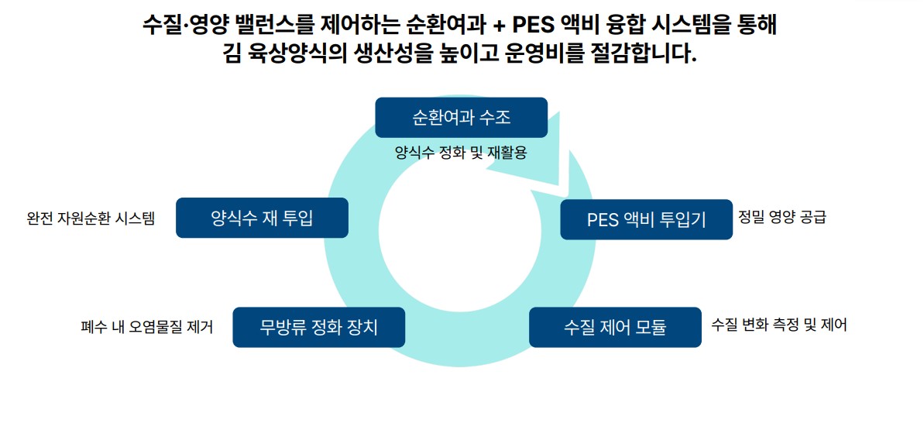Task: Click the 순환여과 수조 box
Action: [461, 118]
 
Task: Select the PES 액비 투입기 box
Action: [646, 219]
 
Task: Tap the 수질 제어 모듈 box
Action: [615, 327]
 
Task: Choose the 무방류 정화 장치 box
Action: [319, 327]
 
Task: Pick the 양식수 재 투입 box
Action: [262, 218]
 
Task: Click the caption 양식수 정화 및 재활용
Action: [461, 153]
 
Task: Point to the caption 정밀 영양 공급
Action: [782, 217]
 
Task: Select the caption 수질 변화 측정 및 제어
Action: [779, 325]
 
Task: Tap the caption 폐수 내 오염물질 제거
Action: [146, 326]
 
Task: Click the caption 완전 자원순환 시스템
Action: [91, 218]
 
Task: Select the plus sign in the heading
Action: [499, 26]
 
